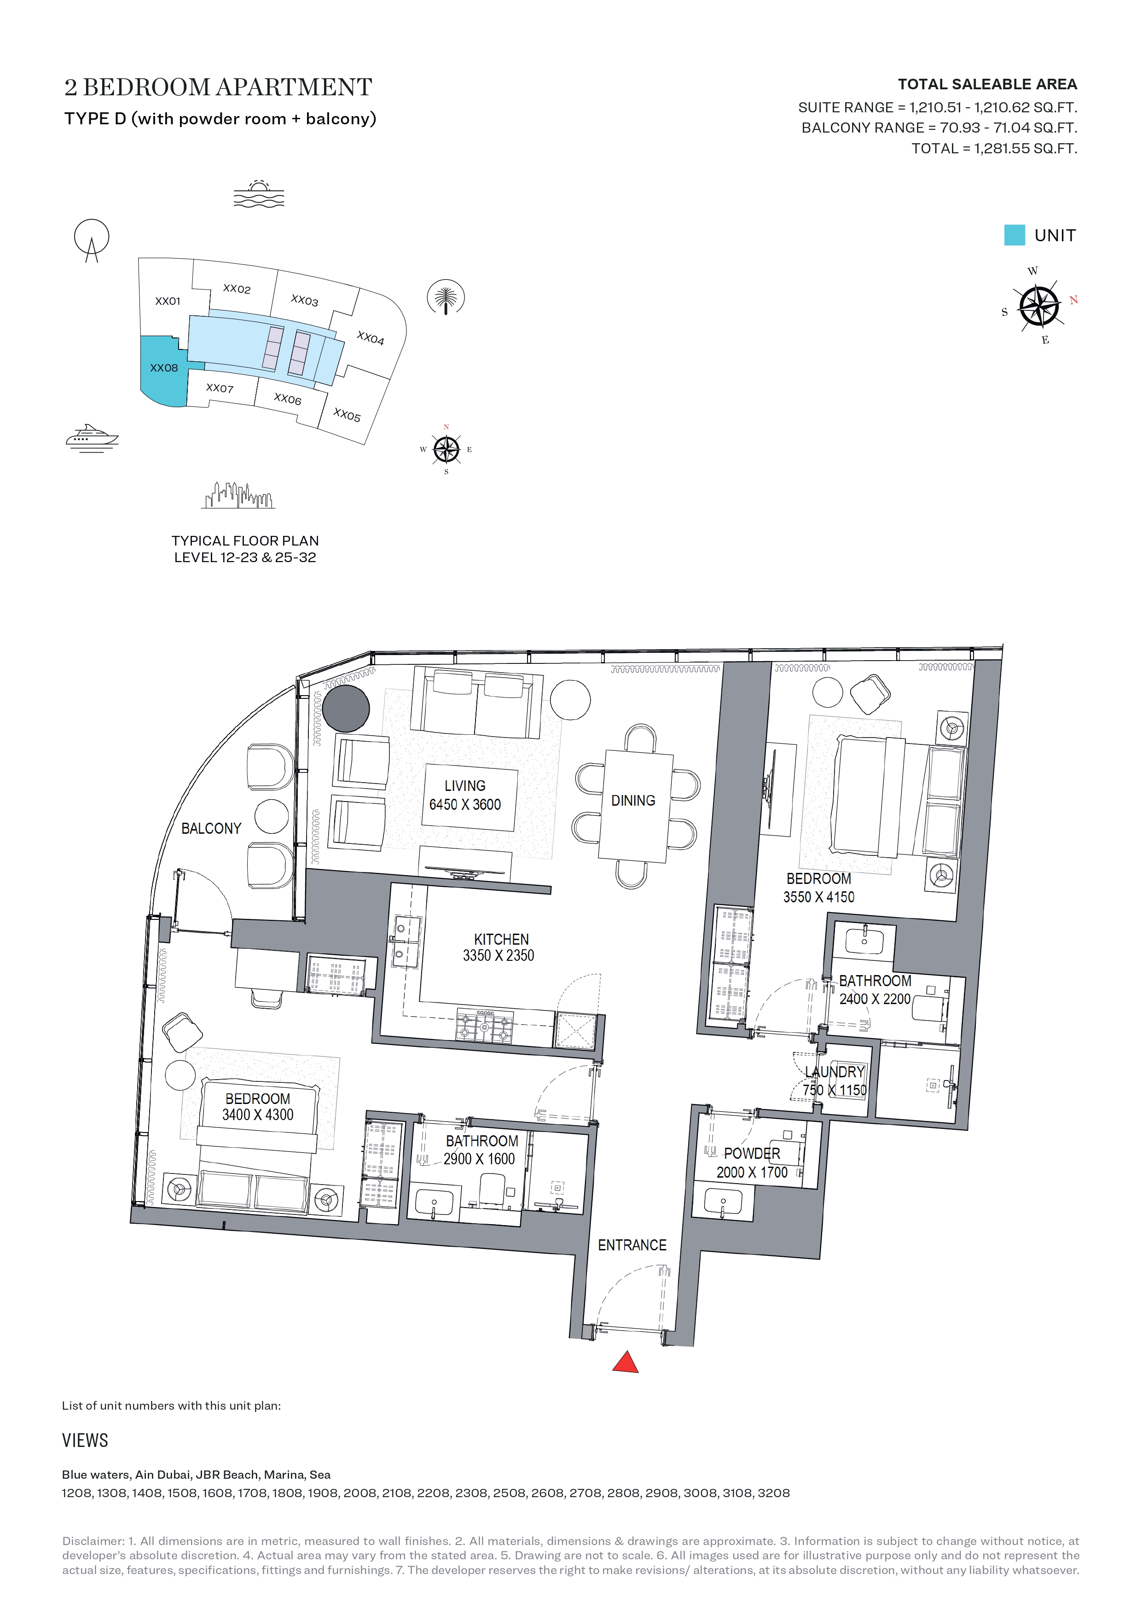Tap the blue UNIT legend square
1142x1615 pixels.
[x=1014, y=235]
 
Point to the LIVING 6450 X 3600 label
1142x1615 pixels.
[x=465, y=795]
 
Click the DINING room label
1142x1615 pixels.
[x=633, y=801]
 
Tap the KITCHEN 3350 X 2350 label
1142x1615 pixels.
[x=499, y=947]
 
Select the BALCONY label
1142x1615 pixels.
[x=211, y=829]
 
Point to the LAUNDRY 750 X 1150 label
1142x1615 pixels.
[x=835, y=1081]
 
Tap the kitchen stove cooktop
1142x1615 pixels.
[x=485, y=1026]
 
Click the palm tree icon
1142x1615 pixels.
[x=446, y=298]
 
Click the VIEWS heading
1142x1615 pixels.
[x=85, y=1440]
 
